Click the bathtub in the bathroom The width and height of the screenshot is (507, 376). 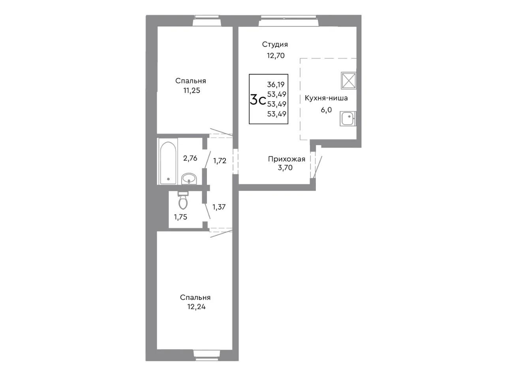pos(168,163)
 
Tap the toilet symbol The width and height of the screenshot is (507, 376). pos(183,200)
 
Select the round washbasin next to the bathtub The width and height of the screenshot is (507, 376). pos(189,178)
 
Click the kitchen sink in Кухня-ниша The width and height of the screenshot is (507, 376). pos(348,118)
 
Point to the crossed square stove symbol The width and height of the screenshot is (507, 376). pos(348,80)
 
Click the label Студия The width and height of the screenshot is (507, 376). pos(275,45)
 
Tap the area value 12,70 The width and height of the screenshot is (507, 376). pos(276,56)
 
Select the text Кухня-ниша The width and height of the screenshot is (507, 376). pos(326,98)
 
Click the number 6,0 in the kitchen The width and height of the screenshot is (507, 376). pos(326,110)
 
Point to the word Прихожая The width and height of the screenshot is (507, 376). pos(287,159)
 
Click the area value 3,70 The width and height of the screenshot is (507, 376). pos(285,168)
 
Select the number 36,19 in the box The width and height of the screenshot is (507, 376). pos(276,84)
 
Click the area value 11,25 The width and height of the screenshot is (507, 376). pos(192,90)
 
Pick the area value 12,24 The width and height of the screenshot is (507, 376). pos(196,307)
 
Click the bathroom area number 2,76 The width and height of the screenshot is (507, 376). pos(190,158)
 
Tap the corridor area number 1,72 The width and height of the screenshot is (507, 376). pos(220,161)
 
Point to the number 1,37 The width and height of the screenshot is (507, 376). pos(219,207)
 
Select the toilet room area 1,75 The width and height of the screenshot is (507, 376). pos(180,217)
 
